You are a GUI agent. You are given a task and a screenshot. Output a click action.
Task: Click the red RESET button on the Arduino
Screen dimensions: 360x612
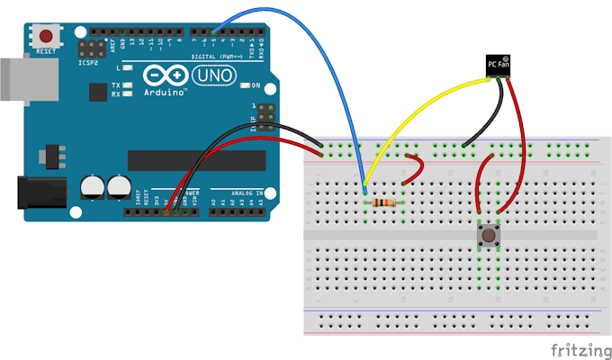44,36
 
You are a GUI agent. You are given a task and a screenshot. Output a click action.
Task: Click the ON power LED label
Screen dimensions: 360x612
255,85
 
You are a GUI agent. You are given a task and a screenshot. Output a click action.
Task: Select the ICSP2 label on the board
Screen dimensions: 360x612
87,64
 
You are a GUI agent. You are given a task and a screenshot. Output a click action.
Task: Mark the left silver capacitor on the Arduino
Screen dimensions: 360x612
92,186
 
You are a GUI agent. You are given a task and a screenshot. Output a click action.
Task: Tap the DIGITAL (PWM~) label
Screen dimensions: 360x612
213,56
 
